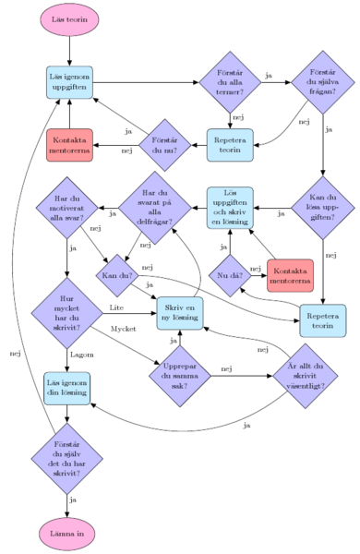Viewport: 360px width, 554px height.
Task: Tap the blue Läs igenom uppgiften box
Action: [70, 82]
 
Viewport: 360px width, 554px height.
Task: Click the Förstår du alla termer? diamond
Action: [230, 82]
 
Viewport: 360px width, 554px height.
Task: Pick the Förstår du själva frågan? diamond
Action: [322, 82]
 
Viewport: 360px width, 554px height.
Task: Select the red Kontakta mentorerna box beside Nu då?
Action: [290, 274]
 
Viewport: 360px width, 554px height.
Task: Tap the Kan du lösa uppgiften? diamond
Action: [322, 211]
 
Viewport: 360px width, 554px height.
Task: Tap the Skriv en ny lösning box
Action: [178, 313]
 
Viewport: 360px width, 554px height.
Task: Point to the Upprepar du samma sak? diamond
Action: [178, 377]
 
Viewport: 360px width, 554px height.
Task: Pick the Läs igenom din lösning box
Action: [68, 388]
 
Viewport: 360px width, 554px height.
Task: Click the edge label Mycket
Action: [124, 329]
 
